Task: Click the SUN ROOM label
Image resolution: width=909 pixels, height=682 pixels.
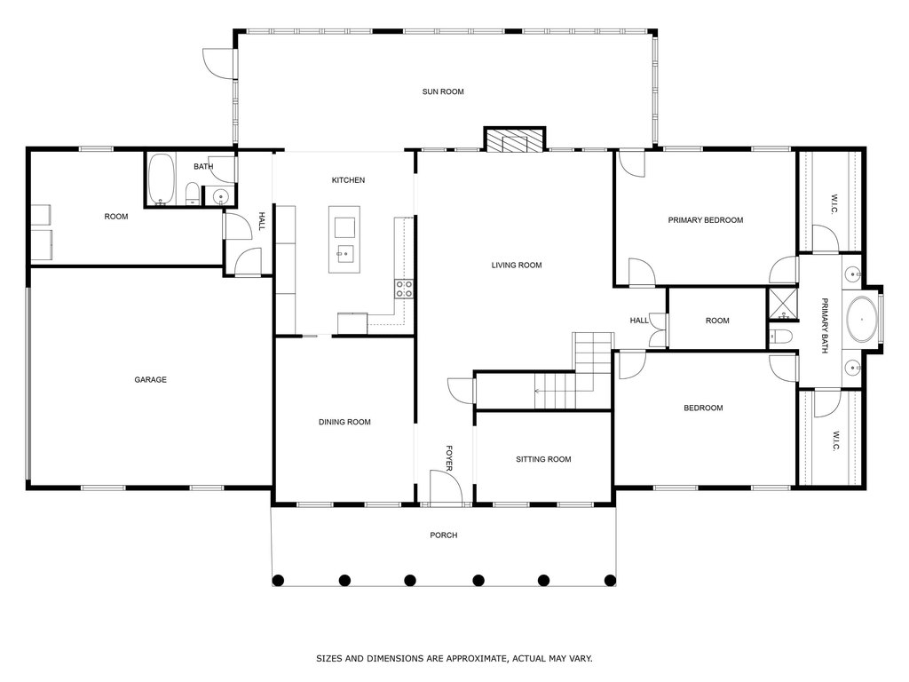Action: point(443,91)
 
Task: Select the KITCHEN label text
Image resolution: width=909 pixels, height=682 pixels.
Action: point(348,180)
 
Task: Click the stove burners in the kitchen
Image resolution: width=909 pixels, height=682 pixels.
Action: point(404,289)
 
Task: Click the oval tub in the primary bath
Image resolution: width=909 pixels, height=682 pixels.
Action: point(861,320)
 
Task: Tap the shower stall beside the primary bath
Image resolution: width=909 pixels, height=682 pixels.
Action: point(783,304)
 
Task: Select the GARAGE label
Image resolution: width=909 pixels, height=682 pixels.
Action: point(151,380)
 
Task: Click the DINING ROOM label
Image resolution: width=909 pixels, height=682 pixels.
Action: point(345,422)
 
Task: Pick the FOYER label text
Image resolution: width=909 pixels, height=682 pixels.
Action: point(449,458)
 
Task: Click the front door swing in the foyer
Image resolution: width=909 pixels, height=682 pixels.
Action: point(446,487)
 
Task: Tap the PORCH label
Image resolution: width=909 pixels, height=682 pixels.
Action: point(444,535)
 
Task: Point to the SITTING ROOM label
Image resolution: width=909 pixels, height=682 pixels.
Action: point(544,459)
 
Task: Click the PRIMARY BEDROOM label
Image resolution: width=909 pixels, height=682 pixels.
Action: point(706,220)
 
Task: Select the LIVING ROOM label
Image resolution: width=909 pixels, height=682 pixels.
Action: point(517,266)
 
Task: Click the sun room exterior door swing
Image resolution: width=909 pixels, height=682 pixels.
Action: point(219,63)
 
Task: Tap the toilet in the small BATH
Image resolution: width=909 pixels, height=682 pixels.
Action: point(193,193)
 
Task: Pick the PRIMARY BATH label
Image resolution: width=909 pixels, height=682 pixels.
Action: point(825,325)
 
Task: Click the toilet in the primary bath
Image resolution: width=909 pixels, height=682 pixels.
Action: point(781,337)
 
